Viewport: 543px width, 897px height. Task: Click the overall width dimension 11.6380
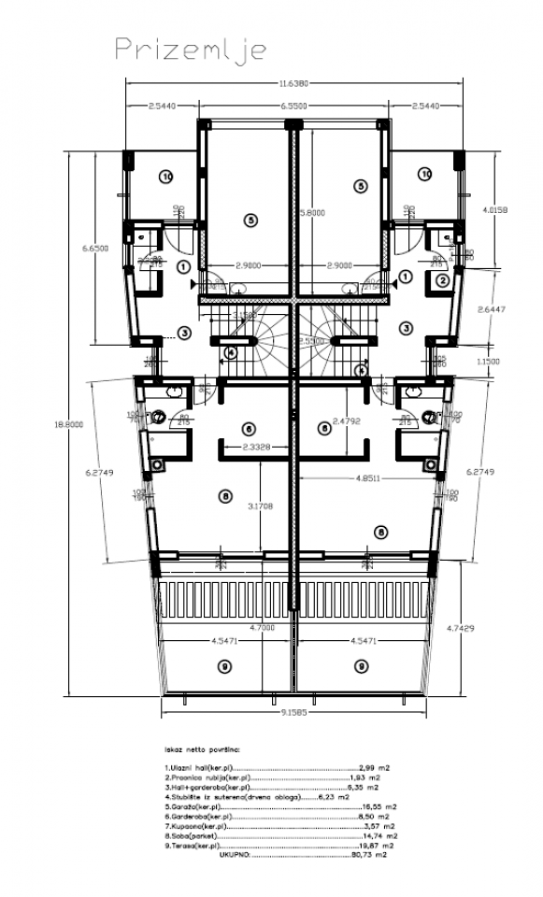click(x=296, y=84)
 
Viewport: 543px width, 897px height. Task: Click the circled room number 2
click(x=443, y=279)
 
